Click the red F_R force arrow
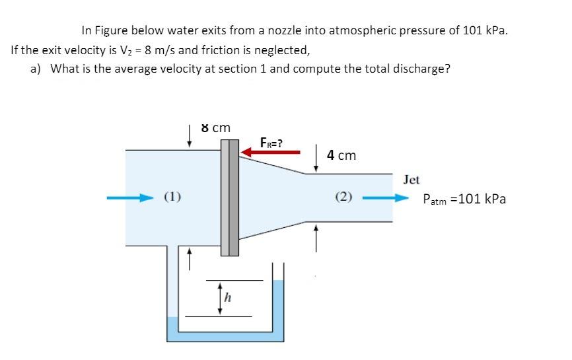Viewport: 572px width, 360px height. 271,153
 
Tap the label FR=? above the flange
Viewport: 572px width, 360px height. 271,142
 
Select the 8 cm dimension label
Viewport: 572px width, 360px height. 215,127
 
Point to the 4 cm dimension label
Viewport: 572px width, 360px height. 341,155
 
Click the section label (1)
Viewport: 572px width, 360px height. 173,196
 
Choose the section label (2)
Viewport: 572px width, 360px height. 343,196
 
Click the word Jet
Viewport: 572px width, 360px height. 411,180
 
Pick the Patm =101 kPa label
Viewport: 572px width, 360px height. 464,199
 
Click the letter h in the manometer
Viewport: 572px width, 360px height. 227,298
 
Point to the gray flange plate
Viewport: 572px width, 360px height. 229,198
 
